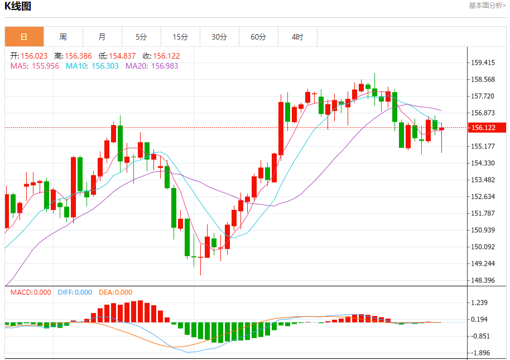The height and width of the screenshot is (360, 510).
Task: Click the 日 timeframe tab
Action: [24, 37]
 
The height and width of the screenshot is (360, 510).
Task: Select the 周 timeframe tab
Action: [63, 37]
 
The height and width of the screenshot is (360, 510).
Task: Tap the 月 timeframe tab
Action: [102, 37]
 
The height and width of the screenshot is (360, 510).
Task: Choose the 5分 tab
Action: [141, 37]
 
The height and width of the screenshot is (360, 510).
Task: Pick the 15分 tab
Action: [180, 37]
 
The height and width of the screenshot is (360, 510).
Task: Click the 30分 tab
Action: [219, 37]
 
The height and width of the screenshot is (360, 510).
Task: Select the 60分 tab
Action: [258, 37]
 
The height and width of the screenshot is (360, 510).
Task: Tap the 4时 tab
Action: [297, 37]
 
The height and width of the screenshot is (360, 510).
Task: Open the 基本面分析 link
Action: [487, 6]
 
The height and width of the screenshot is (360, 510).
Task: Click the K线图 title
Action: [18, 7]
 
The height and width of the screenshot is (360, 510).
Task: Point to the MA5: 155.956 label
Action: [35, 66]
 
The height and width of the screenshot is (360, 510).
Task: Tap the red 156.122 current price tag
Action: [487, 128]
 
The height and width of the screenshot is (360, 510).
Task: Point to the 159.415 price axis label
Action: [483, 63]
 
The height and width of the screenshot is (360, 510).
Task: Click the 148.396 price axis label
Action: [483, 280]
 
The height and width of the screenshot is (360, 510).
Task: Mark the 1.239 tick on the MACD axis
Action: [480, 303]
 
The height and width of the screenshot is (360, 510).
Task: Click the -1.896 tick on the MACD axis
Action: [480, 353]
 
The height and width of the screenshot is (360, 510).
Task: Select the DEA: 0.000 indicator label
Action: [116, 292]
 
